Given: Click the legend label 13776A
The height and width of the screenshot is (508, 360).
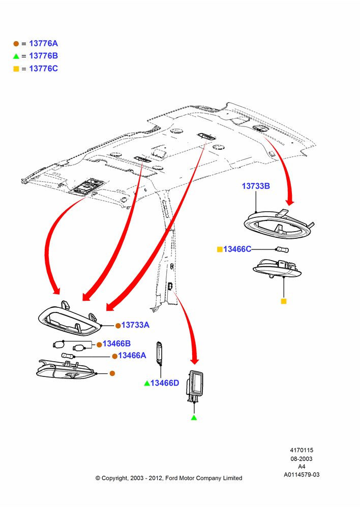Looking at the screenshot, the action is (x=43, y=43).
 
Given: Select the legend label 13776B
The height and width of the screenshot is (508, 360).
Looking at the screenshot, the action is (x=43, y=56).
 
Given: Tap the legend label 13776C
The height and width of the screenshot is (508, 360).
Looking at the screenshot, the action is (x=43, y=69).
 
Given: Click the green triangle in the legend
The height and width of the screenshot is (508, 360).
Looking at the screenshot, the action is (x=16, y=56).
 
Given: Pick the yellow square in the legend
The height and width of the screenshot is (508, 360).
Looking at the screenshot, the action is (x=16, y=69).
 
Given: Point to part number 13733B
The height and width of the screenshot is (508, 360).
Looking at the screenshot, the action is (x=256, y=186).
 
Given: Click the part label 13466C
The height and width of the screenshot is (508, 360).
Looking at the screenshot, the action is (x=237, y=249).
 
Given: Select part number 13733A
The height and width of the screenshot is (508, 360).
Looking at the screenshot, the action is (x=135, y=325).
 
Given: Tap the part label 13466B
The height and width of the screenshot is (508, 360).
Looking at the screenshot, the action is (x=116, y=343).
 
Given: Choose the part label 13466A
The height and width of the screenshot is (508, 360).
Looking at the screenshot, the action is (x=132, y=356).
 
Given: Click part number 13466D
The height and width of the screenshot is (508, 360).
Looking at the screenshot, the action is (x=165, y=383).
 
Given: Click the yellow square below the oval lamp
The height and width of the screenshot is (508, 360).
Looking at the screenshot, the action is (x=284, y=301).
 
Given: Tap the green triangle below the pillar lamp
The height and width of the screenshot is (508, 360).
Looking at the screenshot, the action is (x=194, y=418).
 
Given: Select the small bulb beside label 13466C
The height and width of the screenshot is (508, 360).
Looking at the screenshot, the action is (x=282, y=249).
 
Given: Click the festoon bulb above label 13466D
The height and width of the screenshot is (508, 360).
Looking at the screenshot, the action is (x=160, y=352).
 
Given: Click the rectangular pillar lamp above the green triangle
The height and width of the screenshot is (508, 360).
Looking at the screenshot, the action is (x=195, y=386).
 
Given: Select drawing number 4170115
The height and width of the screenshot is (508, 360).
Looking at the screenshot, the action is (x=302, y=450).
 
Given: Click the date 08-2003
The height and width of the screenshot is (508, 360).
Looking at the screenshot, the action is (x=302, y=459).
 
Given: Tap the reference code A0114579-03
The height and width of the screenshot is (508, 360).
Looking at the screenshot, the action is (x=302, y=474).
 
